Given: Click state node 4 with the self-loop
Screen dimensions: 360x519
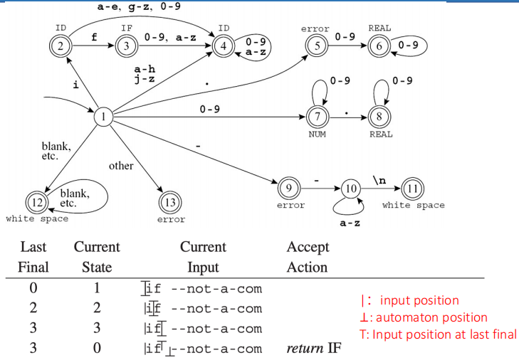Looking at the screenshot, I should point(224,47).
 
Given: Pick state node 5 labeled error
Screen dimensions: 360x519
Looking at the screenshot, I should point(315,47).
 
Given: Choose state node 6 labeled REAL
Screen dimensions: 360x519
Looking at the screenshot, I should point(378,47).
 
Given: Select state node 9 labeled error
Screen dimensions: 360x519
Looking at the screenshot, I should point(288,189).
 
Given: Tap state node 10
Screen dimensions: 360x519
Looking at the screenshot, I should point(350,189).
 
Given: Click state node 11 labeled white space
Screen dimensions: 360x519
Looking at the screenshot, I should point(412,189).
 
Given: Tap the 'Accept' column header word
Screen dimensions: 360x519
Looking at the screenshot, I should point(308,247).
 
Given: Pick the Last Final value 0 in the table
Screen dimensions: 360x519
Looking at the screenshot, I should point(33,289).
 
